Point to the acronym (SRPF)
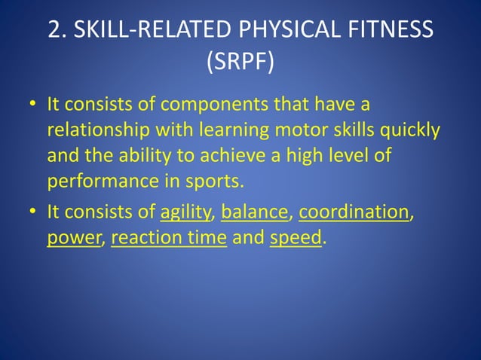240,61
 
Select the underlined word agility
187,213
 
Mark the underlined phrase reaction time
168,239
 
